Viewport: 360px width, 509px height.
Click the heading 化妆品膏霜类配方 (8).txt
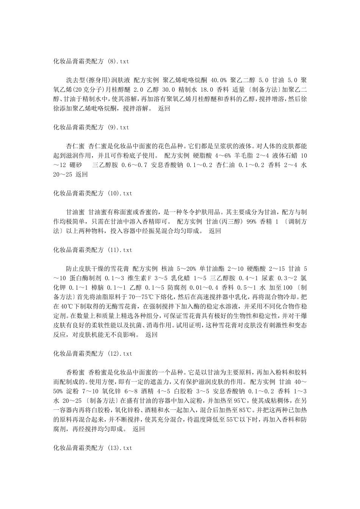[x=92, y=60]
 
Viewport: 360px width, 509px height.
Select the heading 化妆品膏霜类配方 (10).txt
[x=92, y=193]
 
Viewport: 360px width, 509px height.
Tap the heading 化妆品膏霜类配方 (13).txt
[x=92, y=448]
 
